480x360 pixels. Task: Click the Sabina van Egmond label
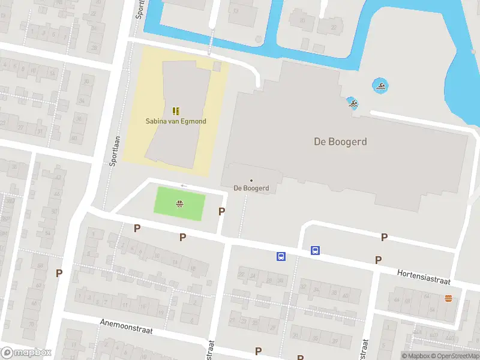(176, 121)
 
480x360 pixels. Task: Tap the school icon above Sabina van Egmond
(176, 111)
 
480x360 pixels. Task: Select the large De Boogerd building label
(340, 142)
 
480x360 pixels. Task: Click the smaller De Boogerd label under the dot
(251, 188)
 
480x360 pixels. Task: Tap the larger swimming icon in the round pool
(380, 85)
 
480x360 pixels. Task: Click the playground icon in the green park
(179, 204)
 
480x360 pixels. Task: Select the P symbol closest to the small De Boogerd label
(221, 211)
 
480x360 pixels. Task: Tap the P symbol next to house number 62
(59, 273)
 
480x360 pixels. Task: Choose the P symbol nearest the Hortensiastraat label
(378, 260)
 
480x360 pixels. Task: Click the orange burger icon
(448, 298)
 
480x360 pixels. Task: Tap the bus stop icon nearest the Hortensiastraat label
(315, 250)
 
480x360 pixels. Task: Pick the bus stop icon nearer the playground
(280, 256)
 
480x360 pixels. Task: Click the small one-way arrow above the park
(184, 185)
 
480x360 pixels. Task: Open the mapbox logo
(26, 353)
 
